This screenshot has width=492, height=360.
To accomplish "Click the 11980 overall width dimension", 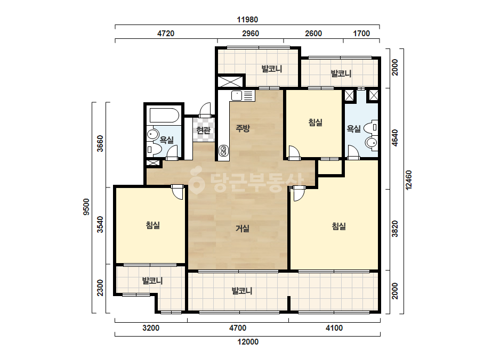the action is click(247, 20).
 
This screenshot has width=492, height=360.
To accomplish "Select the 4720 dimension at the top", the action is click(166, 33).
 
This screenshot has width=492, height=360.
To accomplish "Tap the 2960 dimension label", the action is click(251, 33).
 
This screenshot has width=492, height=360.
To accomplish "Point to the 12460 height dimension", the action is click(408, 180).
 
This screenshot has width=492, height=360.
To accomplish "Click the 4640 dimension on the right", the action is click(395, 138).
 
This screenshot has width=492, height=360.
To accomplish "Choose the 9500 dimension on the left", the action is click(86, 207).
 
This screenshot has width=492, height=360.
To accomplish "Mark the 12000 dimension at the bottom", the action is click(248, 342).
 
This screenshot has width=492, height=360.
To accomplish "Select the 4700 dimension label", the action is click(238, 328).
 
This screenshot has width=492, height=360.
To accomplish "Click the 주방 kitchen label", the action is click(243, 128).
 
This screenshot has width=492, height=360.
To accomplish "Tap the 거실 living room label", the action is click(243, 228).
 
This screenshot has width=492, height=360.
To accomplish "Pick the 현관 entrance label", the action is click(203, 130).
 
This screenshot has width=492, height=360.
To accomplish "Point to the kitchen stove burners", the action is click(223, 151).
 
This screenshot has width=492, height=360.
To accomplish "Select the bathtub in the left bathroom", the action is click(164, 115).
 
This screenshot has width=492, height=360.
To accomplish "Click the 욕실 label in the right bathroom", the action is click(353, 128).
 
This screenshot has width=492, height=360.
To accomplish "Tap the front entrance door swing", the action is click(205, 110).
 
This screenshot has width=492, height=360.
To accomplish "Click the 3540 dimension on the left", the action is click(100, 225).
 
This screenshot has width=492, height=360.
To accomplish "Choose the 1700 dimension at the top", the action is click(361, 33).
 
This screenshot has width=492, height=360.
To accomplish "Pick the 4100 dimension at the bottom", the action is click(334, 328).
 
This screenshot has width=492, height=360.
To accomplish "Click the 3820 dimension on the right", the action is click(395, 228).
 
